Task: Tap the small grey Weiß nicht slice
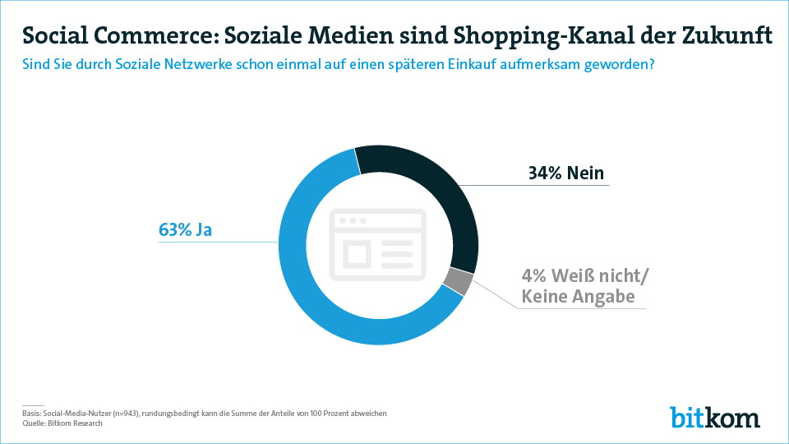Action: tap(459, 281)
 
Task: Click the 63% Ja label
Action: tap(185, 230)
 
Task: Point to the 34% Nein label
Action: tap(565, 173)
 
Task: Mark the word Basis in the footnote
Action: tap(30, 413)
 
